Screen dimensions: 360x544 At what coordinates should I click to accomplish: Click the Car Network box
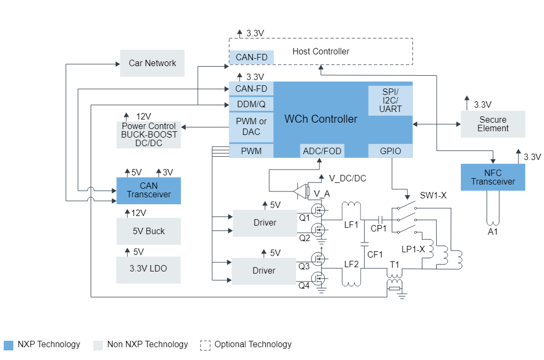click(x=152, y=63)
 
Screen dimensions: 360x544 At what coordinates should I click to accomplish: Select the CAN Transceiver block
click(x=149, y=190)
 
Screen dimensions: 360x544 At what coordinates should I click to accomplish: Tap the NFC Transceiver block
click(x=493, y=178)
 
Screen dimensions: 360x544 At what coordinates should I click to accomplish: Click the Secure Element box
click(x=493, y=124)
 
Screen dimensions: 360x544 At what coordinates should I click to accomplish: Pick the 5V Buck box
click(x=148, y=231)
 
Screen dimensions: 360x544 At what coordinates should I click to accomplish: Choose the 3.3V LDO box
click(x=148, y=269)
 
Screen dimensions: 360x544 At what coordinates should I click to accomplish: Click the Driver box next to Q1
click(x=265, y=223)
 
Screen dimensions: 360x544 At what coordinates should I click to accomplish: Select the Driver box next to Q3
click(x=263, y=271)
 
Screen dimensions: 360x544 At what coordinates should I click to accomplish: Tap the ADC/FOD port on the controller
click(x=322, y=151)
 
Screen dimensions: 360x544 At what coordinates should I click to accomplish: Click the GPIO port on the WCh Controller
click(x=390, y=151)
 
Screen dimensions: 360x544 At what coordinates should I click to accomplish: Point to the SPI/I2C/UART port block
click(x=390, y=101)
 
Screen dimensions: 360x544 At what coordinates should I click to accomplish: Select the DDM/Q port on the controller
click(x=251, y=104)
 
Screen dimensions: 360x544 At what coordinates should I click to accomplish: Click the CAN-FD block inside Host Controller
click(x=251, y=57)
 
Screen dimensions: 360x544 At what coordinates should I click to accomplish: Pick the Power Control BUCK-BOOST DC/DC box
click(x=149, y=135)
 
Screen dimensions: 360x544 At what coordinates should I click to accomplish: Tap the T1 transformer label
click(x=395, y=265)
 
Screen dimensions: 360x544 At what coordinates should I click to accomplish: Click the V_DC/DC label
click(x=347, y=178)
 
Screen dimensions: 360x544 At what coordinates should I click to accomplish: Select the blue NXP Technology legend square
click(x=8, y=345)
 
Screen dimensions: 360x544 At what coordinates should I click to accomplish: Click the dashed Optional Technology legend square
click(x=205, y=345)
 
